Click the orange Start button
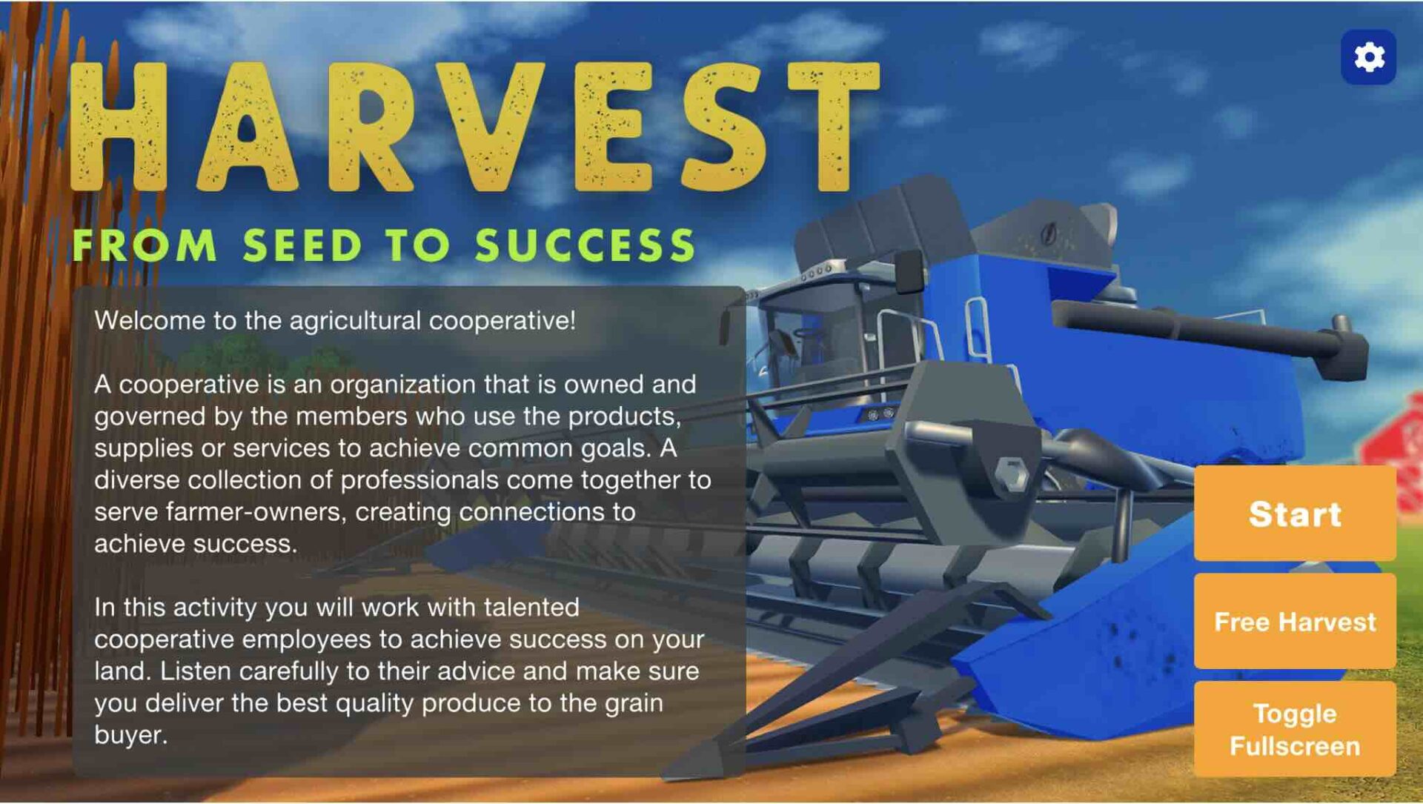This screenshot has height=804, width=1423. [1295, 513]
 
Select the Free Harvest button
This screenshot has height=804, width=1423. [1295, 621]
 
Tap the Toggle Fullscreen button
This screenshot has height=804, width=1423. [1295, 729]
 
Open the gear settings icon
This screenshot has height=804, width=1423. [1369, 57]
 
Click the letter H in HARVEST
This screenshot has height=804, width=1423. [119, 126]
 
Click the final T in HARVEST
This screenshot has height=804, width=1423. [834, 126]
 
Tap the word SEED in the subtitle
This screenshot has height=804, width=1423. [302, 245]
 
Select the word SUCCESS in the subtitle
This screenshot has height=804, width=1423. [585, 245]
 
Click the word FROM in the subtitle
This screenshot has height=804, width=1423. [145, 245]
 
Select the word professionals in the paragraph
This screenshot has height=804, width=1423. [419, 480]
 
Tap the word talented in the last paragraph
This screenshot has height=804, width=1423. [531, 608]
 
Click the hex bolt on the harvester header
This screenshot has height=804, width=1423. [1011, 474]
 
